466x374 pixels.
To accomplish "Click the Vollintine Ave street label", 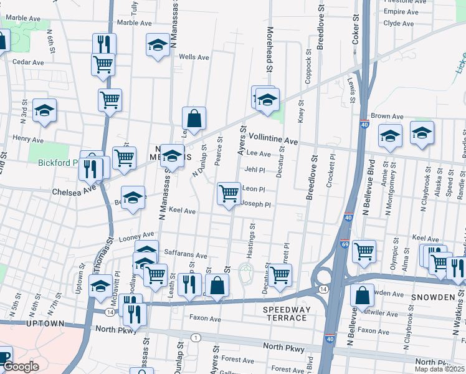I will tap(273, 138).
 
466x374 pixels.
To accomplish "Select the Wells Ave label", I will tap(193, 57).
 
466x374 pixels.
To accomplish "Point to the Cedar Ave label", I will tap(28, 62).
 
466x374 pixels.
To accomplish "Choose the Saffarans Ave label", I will tap(185, 255).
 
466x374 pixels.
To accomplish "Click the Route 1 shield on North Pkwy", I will tap(196, 338).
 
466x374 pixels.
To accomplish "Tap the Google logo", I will tap(20, 367).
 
